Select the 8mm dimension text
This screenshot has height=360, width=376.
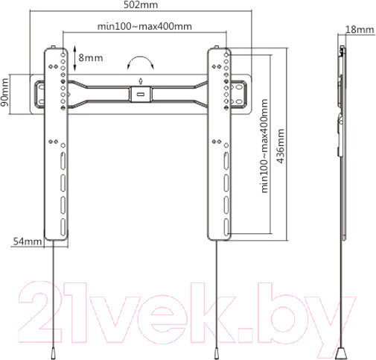92,56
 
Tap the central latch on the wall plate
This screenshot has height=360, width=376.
141,95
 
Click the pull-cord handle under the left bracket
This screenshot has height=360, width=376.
53,349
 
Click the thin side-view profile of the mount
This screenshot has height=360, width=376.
342,142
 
